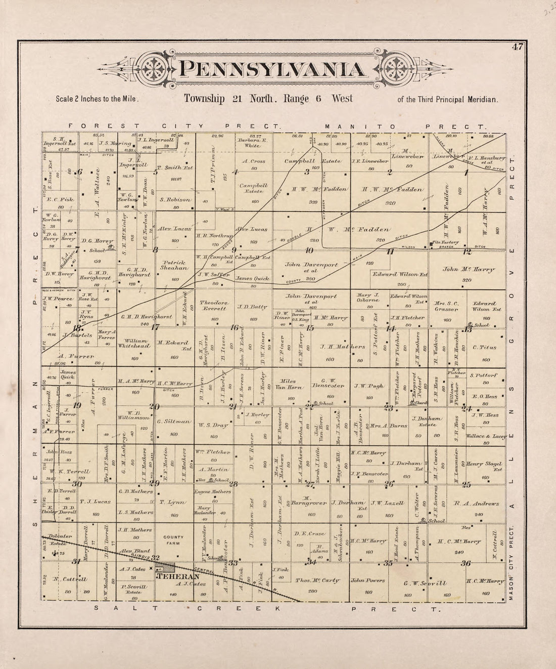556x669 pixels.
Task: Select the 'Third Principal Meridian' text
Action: (447, 99)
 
